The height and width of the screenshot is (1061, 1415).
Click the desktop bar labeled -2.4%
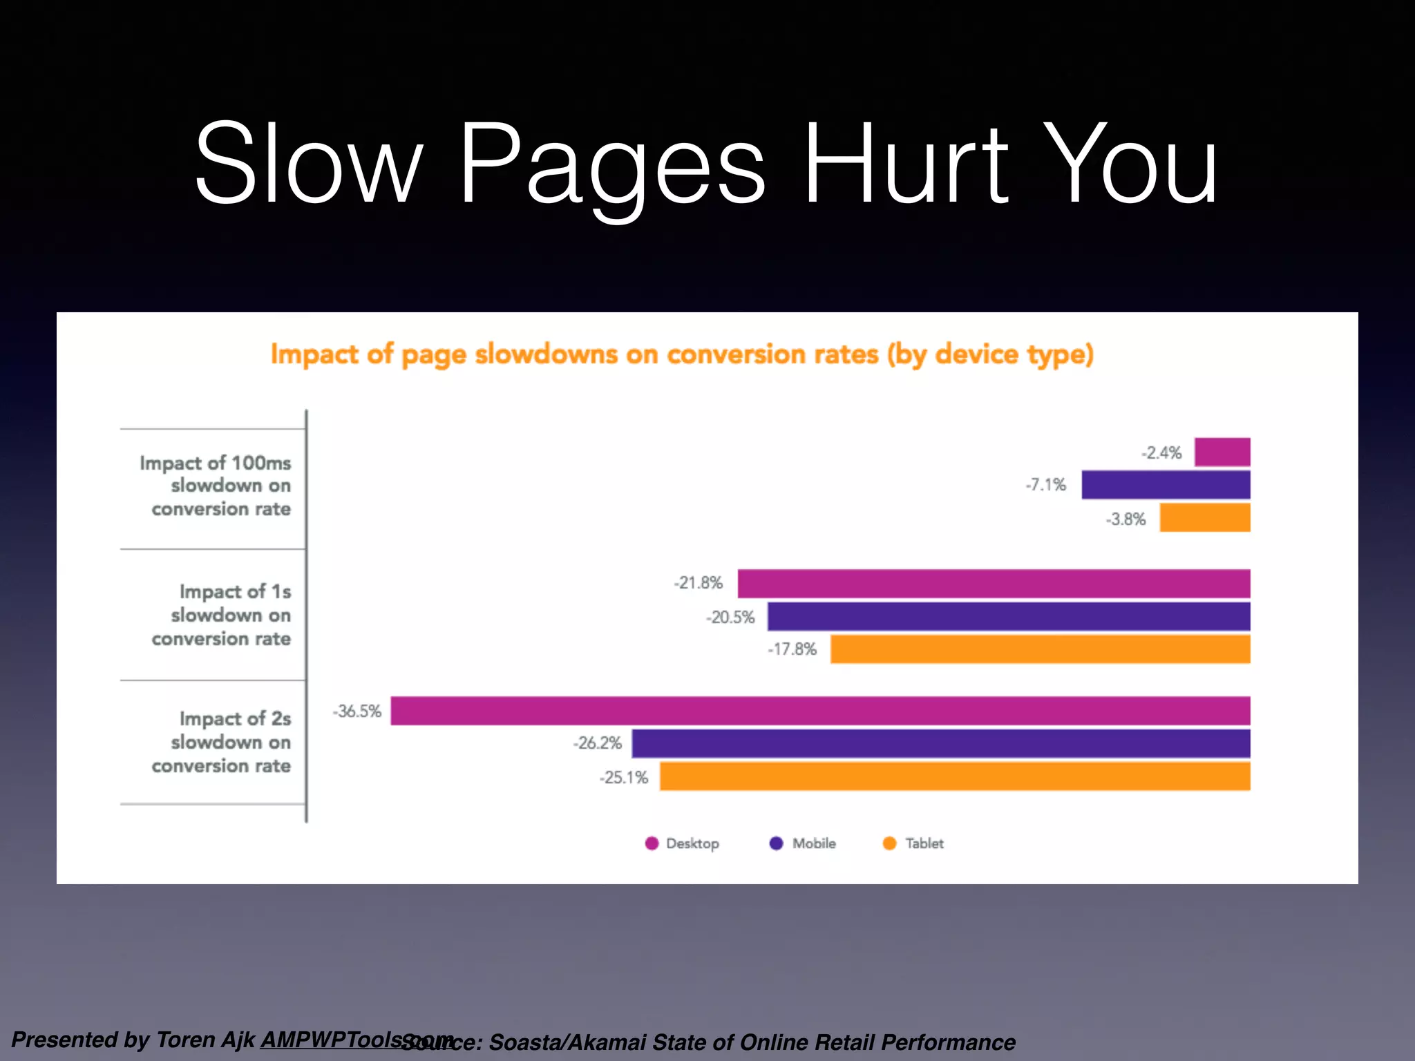coord(1222,452)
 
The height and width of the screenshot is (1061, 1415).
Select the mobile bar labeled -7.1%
coord(1166,485)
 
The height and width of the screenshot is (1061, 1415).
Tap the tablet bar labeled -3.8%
coord(1204,518)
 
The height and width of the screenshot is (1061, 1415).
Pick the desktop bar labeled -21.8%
coord(994,584)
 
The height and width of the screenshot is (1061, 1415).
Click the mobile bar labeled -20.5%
coord(1009,617)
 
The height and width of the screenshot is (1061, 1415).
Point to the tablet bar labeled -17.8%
coord(1040,649)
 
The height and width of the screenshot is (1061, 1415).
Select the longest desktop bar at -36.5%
coord(820,711)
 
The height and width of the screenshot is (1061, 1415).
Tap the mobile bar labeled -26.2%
coord(941,744)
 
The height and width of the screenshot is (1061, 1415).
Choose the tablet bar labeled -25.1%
coord(955,776)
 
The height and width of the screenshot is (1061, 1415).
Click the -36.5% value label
coord(357,711)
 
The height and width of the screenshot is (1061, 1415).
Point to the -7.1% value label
coord(1046,485)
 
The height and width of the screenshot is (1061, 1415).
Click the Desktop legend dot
coord(652,843)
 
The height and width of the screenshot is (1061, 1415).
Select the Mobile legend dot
coord(777,843)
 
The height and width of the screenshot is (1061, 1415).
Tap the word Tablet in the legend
coord(924,843)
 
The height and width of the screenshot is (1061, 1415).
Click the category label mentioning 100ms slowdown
coord(215,486)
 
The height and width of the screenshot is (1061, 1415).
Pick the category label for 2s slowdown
coord(221,742)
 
